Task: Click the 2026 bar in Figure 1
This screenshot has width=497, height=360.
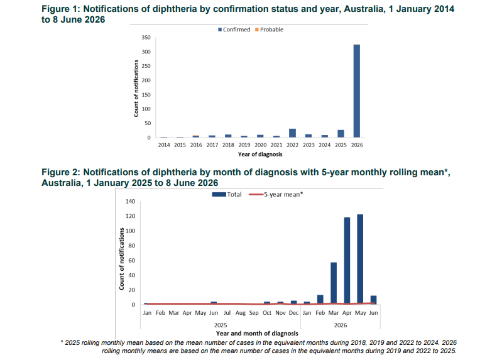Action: [357, 91]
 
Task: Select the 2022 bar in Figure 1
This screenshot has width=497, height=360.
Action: [292, 133]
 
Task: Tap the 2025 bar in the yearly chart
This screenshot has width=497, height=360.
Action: [341, 134]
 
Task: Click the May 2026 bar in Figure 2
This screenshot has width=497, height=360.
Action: [360, 259]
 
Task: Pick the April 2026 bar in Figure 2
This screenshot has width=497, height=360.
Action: [347, 261]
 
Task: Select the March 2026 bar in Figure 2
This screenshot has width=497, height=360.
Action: [334, 283]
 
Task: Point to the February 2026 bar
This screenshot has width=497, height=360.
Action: [320, 300]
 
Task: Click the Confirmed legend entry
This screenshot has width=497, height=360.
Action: [234, 30]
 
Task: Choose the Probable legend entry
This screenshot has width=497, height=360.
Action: [269, 30]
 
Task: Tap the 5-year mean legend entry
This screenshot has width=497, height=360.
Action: [276, 195]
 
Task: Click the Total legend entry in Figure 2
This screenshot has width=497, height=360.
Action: [227, 195]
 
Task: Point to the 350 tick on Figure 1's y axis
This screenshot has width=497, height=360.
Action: [146, 38]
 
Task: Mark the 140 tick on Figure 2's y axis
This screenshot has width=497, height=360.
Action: [130, 201]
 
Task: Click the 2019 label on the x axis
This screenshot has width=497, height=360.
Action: [244, 145]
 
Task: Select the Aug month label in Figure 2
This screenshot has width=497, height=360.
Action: [240, 313]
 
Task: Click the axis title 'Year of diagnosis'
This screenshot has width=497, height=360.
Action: [260, 155]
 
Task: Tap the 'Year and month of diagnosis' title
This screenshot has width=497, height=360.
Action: [257, 334]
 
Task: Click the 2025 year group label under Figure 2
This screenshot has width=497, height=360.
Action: [221, 325]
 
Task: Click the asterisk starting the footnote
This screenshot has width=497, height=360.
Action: [62, 342]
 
